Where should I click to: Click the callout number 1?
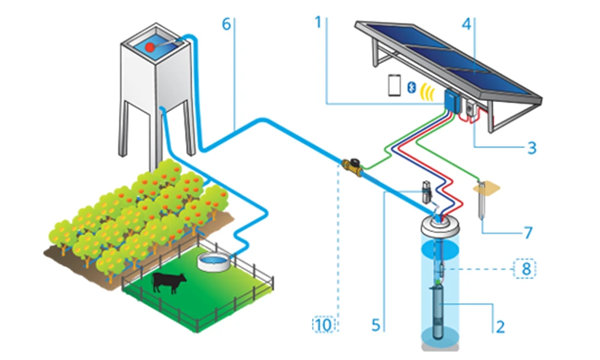click(319, 23)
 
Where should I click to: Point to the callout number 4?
click(466, 23)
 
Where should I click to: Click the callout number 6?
click(226, 23)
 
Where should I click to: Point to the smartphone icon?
click(394, 86)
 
